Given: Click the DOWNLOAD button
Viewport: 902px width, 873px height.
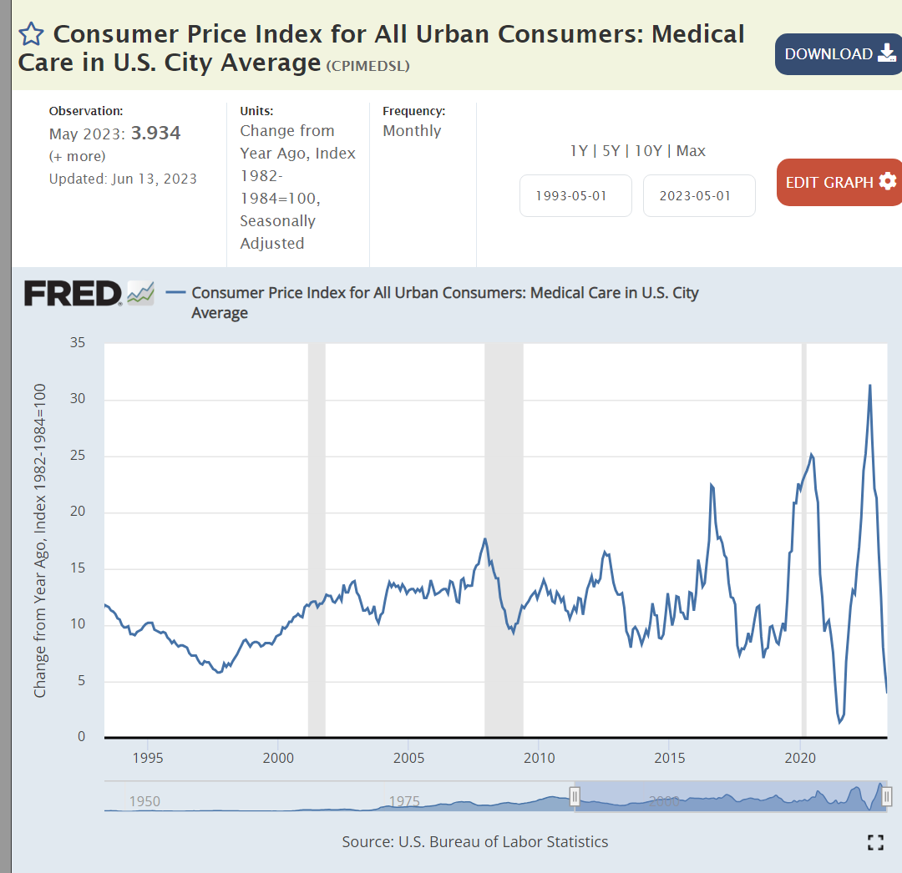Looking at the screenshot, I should [x=838, y=54].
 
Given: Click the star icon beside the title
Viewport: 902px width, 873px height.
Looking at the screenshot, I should [x=31, y=34].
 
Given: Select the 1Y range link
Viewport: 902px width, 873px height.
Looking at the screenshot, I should [x=579, y=151].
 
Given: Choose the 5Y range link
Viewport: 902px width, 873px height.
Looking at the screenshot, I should [x=611, y=151].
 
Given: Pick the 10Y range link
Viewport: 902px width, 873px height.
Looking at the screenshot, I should [x=648, y=151].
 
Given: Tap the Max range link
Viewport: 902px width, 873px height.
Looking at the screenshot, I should [x=691, y=151].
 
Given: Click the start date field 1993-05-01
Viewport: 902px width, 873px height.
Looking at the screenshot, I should [x=575, y=195].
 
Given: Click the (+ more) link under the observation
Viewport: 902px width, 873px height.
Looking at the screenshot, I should [x=78, y=156].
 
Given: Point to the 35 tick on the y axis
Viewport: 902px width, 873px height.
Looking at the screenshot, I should [x=77, y=343].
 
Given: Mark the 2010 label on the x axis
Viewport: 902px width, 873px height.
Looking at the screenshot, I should [x=539, y=758].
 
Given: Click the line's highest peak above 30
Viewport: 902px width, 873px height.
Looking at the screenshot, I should [x=870, y=385].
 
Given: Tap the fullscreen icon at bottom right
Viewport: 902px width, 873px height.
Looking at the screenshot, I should [x=875, y=842].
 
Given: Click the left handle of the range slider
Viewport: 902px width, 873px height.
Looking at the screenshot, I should [x=575, y=796].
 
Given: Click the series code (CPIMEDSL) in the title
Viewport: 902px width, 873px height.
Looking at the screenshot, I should [x=367, y=66].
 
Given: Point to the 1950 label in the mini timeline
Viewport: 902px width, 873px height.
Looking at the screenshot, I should [x=144, y=802].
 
